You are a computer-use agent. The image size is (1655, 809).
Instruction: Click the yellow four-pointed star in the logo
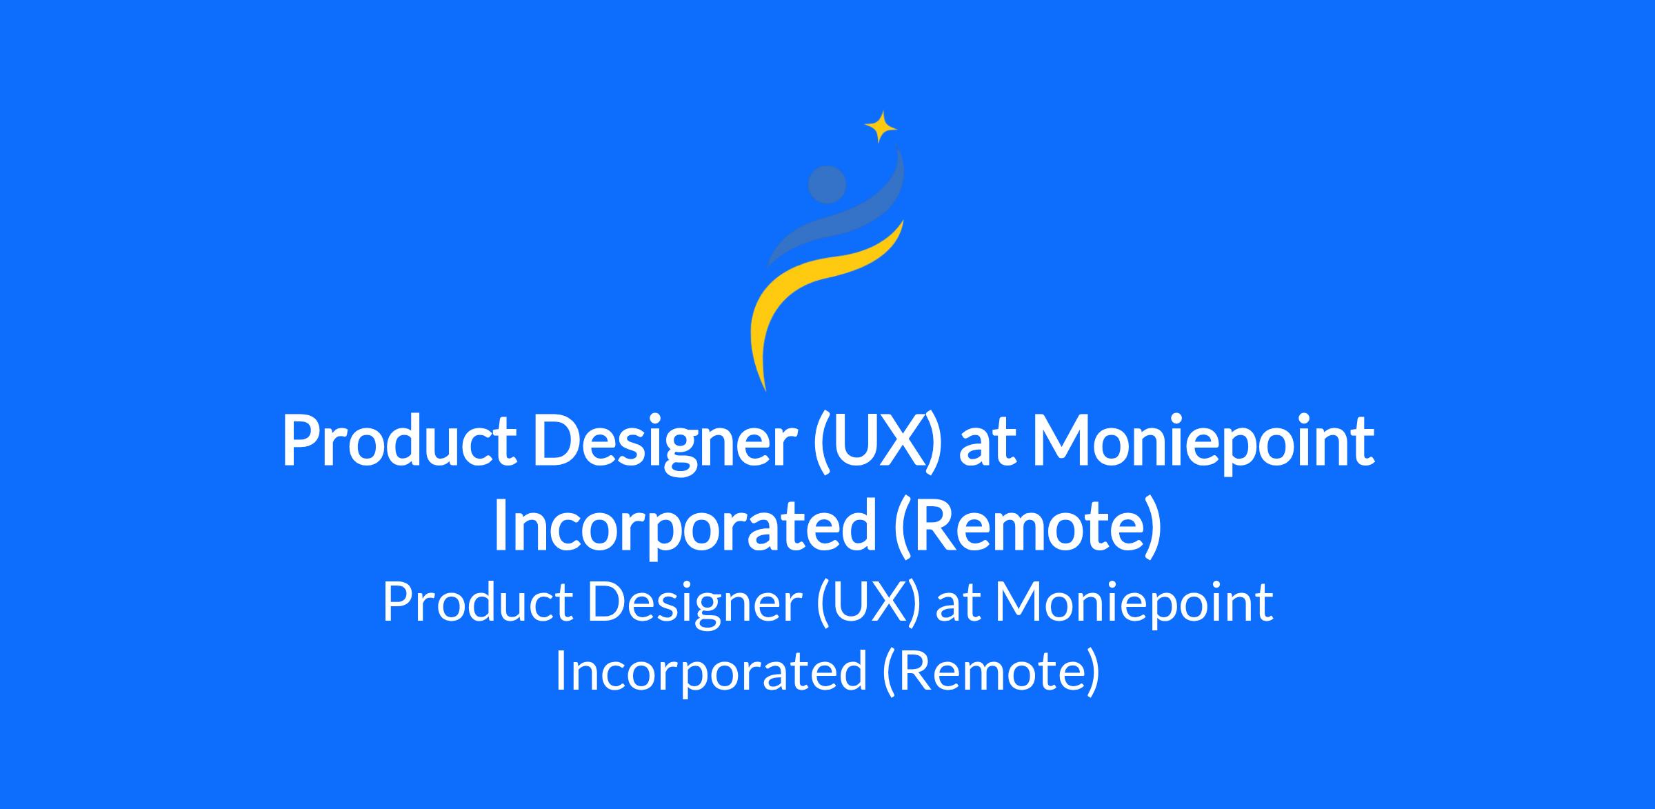coord(881,127)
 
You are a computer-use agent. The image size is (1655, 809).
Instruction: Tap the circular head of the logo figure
coord(827,185)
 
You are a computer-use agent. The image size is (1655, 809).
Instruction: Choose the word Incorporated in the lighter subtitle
coord(711,671)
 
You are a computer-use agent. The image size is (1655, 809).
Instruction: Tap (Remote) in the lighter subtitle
coord(991,670)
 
